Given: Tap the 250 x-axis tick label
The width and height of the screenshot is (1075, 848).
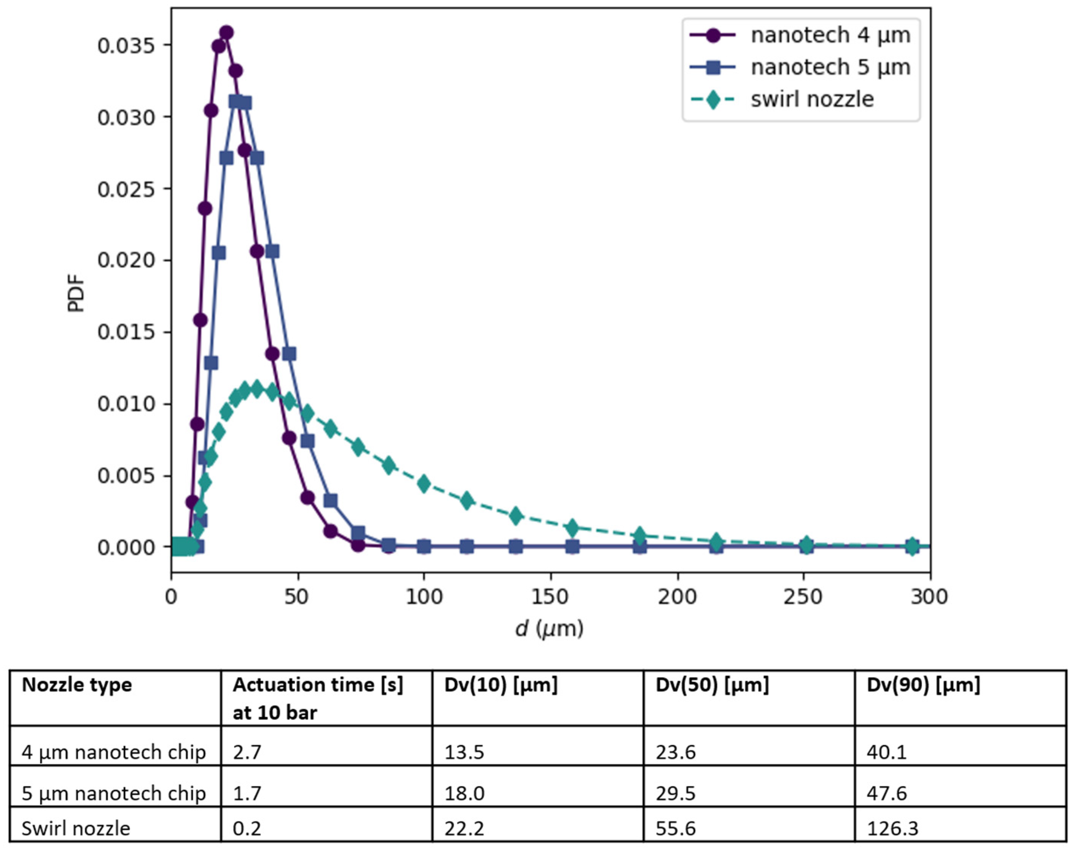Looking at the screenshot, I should (x=803, y=596).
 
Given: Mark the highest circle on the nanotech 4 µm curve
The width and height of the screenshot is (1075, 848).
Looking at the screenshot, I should (x=226, y=33).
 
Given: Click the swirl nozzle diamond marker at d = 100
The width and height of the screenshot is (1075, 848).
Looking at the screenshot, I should (x=423, y=483).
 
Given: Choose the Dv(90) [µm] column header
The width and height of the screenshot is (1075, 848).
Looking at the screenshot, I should (x=923, y=685).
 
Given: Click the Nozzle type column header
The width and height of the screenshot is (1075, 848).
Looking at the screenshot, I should (x=77, y=685).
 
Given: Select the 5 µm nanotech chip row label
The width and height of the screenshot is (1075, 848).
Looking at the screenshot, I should (x=114, y=793).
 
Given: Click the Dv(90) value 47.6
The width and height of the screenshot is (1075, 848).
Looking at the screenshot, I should (x=887, y=793).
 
